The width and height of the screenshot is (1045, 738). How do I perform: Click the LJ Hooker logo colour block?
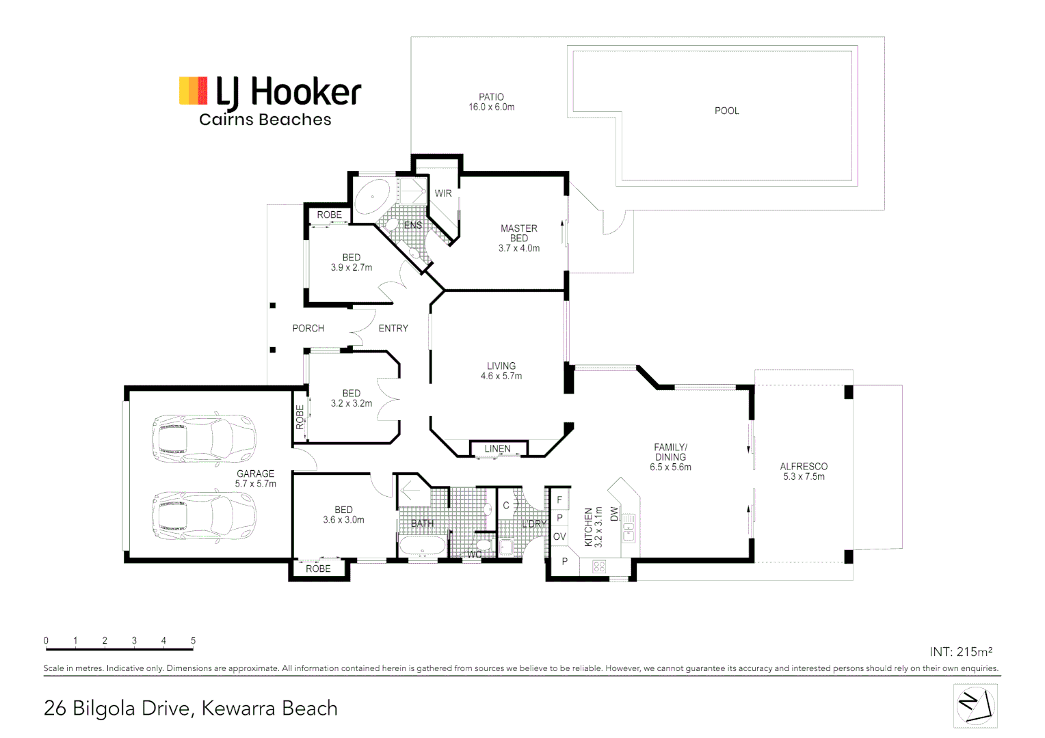(193, 91)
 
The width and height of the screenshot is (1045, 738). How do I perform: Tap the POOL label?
(726, 111)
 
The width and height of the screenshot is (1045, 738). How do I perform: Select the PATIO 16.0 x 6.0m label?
(491, 102)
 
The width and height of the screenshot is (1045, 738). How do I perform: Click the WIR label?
(443, 193)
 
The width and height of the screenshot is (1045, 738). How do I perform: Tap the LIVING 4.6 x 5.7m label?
(501, 371)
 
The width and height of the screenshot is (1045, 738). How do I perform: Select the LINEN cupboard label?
(497, 449)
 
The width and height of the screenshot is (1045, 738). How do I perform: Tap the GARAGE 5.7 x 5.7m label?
(255, 478)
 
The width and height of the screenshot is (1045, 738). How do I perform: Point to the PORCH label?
(308, 329)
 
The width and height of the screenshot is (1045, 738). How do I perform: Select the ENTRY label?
(393, 329)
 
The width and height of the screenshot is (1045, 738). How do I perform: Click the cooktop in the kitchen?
(599, 566)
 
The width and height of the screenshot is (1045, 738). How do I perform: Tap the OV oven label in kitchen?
(559, 536)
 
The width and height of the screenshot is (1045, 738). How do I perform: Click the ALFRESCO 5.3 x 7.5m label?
(804, 471)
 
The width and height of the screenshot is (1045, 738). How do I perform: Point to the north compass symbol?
(975, 706)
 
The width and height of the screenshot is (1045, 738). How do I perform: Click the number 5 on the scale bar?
(193, 640)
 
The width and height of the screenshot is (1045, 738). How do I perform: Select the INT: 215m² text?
(960, 652)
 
